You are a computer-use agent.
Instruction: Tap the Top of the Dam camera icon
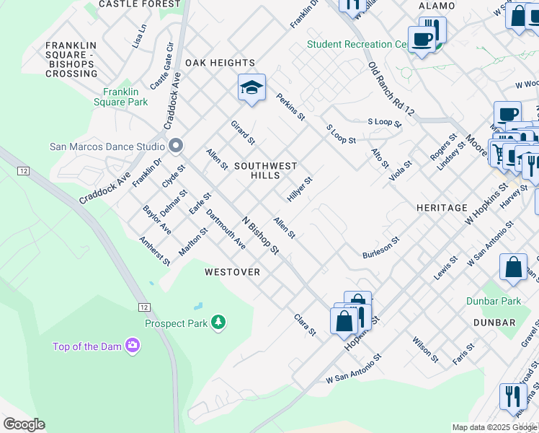[x=132, y=346]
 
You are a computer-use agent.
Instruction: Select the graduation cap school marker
[x=251, y=88]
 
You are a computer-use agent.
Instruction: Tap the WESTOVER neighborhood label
[x=232, y=272]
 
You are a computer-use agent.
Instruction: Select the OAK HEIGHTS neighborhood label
[x=220, y=63]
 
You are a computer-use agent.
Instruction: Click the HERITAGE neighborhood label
[x=442, y=208]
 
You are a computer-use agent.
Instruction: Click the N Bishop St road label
[x=260, y=236]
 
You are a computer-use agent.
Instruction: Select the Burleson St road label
[x=380, y=249]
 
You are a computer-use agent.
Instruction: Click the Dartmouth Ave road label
[x=226, y=230]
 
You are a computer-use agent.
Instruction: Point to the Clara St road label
[x=305, y=324]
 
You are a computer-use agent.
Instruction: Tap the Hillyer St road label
[x=300, y=189]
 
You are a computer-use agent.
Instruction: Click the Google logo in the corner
[x=24, y=424]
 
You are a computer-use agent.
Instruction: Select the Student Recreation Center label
[x=357, y=44]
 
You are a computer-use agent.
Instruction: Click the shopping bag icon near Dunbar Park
[x=513, y=268]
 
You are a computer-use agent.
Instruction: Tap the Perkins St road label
[x=291, y=106]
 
